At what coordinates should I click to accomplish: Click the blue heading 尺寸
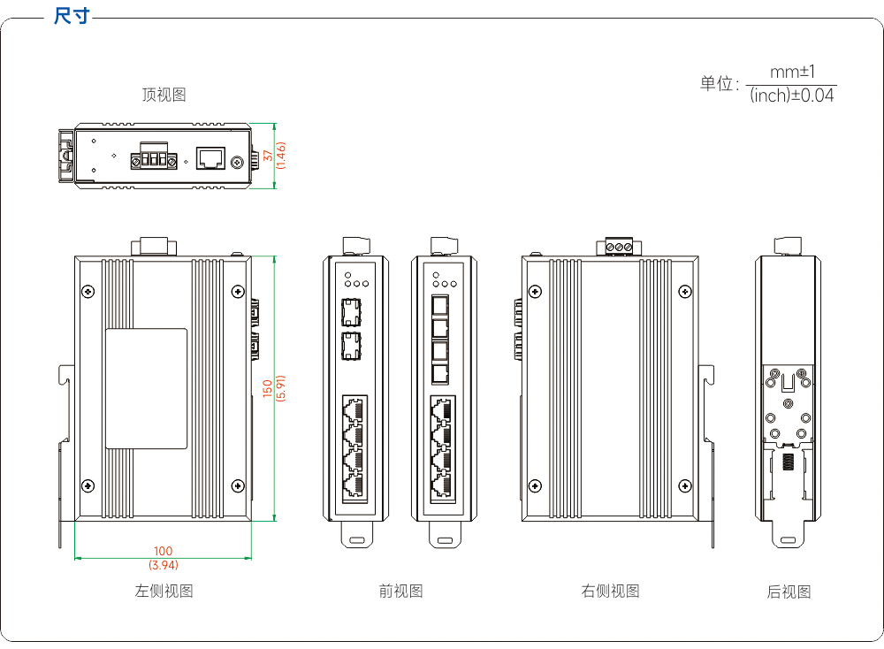coord(72,16)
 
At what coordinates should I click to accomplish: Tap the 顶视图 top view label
coord(164,95)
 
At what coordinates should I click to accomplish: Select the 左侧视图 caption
coord(164,591)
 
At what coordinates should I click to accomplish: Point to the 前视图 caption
coord(400,591)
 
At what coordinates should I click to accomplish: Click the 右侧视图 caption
coord(611,591)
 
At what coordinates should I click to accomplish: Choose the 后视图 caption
coord(789,592)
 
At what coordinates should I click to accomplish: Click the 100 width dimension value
coord(163,551)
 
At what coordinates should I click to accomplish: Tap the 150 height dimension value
coord(268,388)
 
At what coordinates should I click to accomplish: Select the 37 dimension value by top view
coord(269,155)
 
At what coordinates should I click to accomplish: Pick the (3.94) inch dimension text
coord(164,564)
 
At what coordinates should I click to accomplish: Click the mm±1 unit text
coord(792,72)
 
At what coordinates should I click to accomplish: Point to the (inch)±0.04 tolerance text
coord(791,95)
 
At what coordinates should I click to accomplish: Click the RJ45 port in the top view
coord(211,158)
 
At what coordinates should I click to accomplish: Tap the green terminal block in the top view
coord(154,157)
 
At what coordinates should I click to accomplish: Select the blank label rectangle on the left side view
coord(147,388)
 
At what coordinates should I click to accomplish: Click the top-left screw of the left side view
coord(88,292)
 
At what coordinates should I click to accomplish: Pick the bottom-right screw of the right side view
coord(685,486)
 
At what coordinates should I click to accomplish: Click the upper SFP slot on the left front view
coord(351,312)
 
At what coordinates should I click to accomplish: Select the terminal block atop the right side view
coord(619,247)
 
